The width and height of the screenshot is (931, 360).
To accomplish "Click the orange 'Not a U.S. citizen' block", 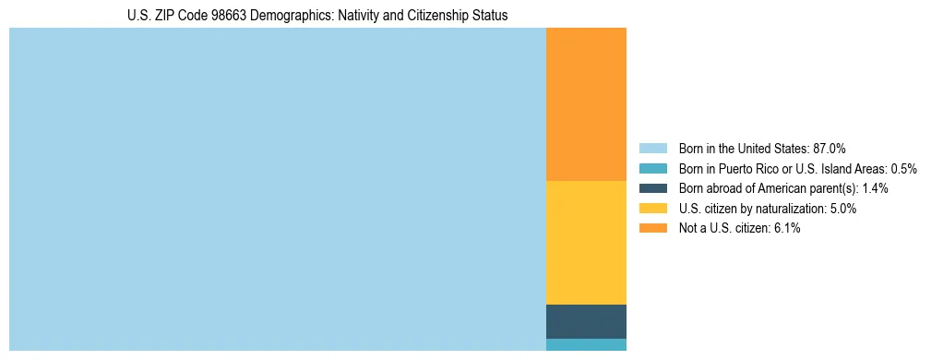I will [x=586, y=104].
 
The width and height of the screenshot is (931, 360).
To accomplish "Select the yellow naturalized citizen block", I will [x=586, y=242].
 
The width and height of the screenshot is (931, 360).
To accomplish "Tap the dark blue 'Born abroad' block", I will [x=586, y=321].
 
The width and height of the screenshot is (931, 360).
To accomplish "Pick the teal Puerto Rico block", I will [x=586, y=344].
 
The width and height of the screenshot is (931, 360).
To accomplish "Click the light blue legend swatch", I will [x=652, y=148].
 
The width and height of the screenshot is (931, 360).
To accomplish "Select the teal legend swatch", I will [x=652, y=168].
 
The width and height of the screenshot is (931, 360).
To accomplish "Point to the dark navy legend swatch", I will [x=652, y=188].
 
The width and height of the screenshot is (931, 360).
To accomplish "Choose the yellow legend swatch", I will [x=652, y=209].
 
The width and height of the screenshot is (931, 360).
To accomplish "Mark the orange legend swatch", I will [x=652, y=228].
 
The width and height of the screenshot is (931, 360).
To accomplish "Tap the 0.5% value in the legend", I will [x=903, y=168].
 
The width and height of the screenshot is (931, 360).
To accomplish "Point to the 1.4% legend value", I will [x=875, y=188].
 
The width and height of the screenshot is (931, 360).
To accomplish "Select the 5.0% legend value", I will [x=843, y=209].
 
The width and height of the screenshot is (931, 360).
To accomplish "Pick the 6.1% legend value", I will [x=787, y=228].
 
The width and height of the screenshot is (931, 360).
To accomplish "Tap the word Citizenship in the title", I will [x=445, y=16].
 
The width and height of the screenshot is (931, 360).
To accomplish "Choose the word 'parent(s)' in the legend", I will [x=833, y=188].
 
